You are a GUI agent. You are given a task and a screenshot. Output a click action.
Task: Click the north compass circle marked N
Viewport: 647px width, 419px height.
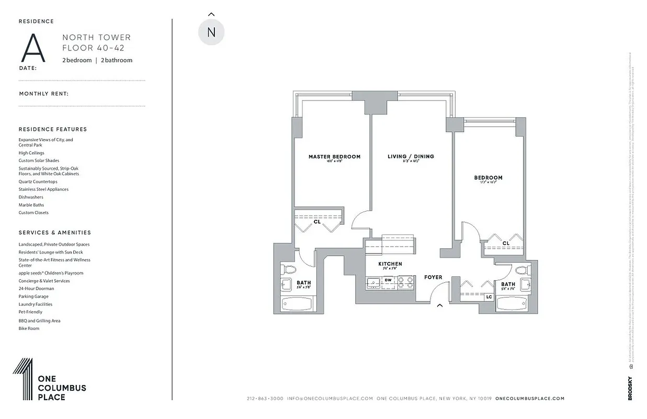(211, 32)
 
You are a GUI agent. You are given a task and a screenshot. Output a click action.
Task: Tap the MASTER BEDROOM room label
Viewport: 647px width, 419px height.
(334, 157)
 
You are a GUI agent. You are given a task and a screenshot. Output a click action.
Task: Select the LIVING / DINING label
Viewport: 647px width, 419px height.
(411, 157)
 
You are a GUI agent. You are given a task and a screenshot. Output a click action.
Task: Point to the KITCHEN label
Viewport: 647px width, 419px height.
(390, 264)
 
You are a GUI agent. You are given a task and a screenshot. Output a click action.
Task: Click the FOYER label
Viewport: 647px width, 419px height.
(433, 277)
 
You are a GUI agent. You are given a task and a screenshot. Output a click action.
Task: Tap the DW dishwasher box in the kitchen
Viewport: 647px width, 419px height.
(388, 280)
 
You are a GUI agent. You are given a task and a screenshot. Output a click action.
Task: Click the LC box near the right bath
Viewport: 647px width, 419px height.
(489, 297)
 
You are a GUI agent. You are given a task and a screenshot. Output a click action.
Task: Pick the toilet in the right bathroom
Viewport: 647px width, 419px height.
(521, 270)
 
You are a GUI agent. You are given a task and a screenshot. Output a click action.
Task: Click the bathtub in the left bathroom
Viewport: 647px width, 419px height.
(297, 304)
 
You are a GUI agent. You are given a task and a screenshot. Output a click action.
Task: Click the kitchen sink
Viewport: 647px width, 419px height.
(373, 282)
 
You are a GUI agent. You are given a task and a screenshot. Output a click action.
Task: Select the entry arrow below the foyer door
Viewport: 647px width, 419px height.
(440, 305)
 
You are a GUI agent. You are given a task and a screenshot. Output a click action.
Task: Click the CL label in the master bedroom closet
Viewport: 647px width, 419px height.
(317, 222)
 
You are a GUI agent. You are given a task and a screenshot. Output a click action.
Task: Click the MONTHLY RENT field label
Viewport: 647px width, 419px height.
(44, 94)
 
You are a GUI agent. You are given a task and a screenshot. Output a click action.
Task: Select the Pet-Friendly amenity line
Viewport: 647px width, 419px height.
(30, 312)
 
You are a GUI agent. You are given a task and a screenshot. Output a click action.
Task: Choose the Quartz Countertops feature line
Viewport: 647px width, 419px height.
(38, 182)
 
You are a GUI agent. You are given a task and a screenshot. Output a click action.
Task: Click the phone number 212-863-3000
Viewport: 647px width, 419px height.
(265, 399)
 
